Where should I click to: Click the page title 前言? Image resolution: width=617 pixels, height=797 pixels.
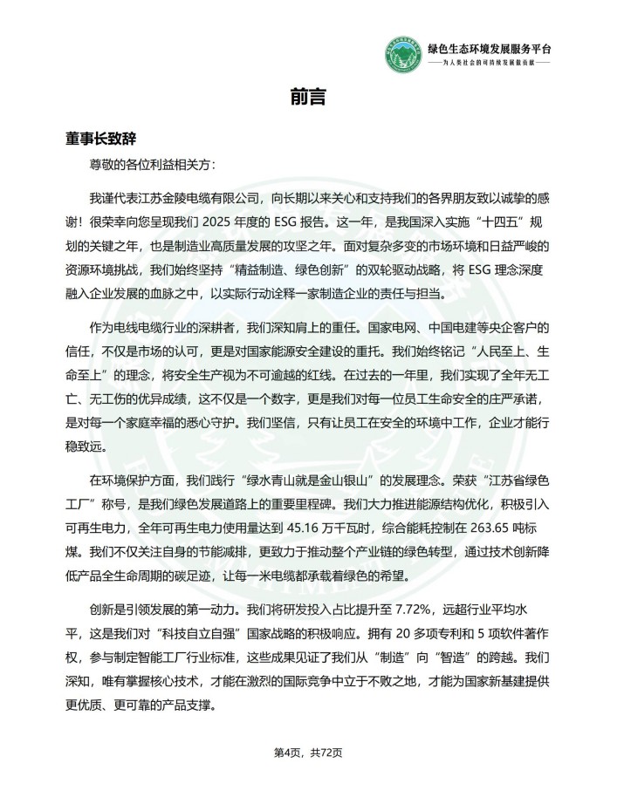[x=308, y=97]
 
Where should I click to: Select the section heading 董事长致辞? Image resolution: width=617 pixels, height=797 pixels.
[x=100, y=139]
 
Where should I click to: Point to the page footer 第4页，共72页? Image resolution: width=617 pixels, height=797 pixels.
[x=308, y=753]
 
